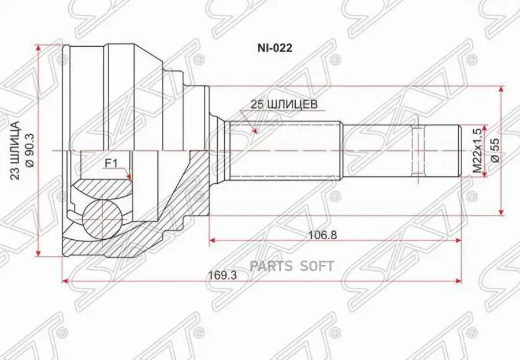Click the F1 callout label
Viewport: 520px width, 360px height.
point(110,164)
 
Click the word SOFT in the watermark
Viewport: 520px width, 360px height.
point(316,266)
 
